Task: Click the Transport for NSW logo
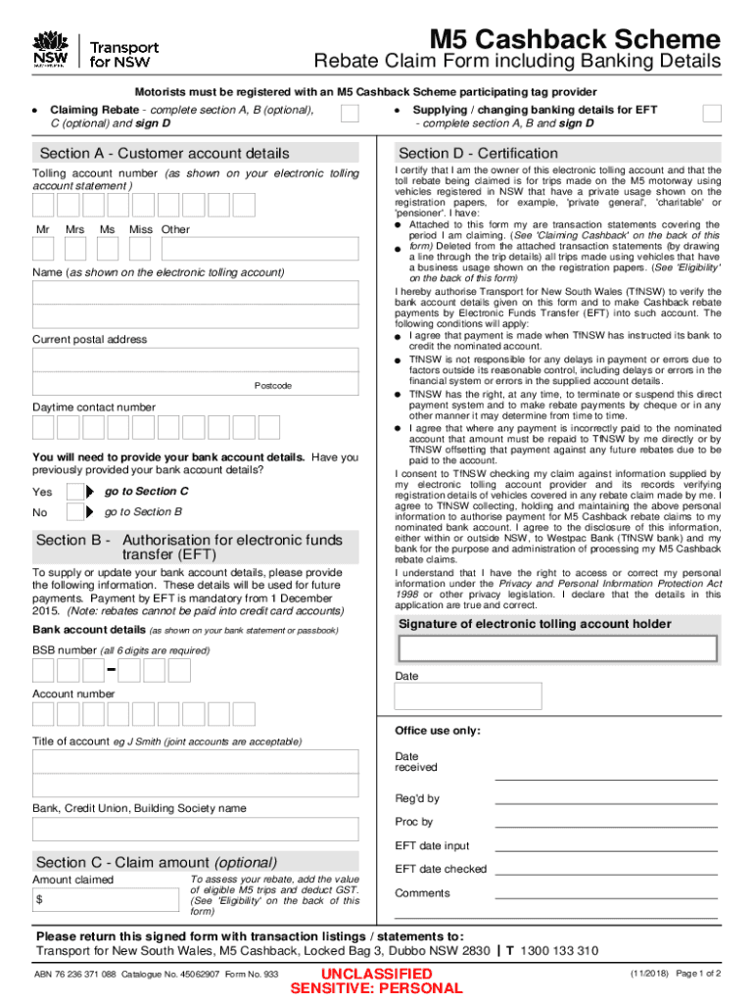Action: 95,48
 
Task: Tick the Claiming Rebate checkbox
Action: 349,115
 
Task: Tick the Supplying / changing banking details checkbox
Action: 712,115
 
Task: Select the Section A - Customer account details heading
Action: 164,153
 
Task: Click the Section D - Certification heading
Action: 478,153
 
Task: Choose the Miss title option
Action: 141,229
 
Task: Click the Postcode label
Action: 273,386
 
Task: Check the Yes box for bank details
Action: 75,492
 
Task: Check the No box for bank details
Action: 75,512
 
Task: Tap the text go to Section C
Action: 146,491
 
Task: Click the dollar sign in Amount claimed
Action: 40,899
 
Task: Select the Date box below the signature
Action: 468,695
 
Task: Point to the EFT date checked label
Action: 440,869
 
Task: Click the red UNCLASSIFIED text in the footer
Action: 377,973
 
